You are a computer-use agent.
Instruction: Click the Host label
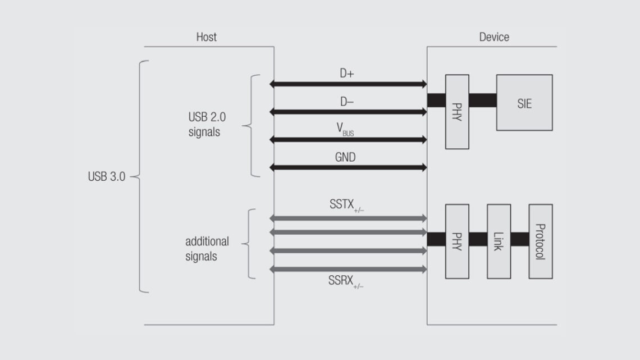(x=206, y=37)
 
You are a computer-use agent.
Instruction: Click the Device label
(x=494, y=37)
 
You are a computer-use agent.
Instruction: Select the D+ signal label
(x=348, y=74)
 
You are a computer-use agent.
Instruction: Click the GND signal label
(x=345, y=158)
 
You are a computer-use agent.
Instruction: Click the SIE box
(x=524, y=103)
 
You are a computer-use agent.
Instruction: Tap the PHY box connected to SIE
(x=456, y=111)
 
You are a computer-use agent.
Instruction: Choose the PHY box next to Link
(x=456, y=241)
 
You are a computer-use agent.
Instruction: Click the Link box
(x=499, y=241)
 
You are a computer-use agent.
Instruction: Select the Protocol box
(x=540, y=241)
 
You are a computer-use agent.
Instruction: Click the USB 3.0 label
(x=107, y=176)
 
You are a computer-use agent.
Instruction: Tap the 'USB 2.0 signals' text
(x=204, y=125)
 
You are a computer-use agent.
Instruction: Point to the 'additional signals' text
(x=207, y=249)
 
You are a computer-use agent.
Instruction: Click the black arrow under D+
(x=348, y=84)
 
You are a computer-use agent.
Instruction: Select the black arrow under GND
(x=348, y=167)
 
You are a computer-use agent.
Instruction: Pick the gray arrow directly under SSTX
(x=348, y=218)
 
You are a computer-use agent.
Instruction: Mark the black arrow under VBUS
(x=348, y=139)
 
